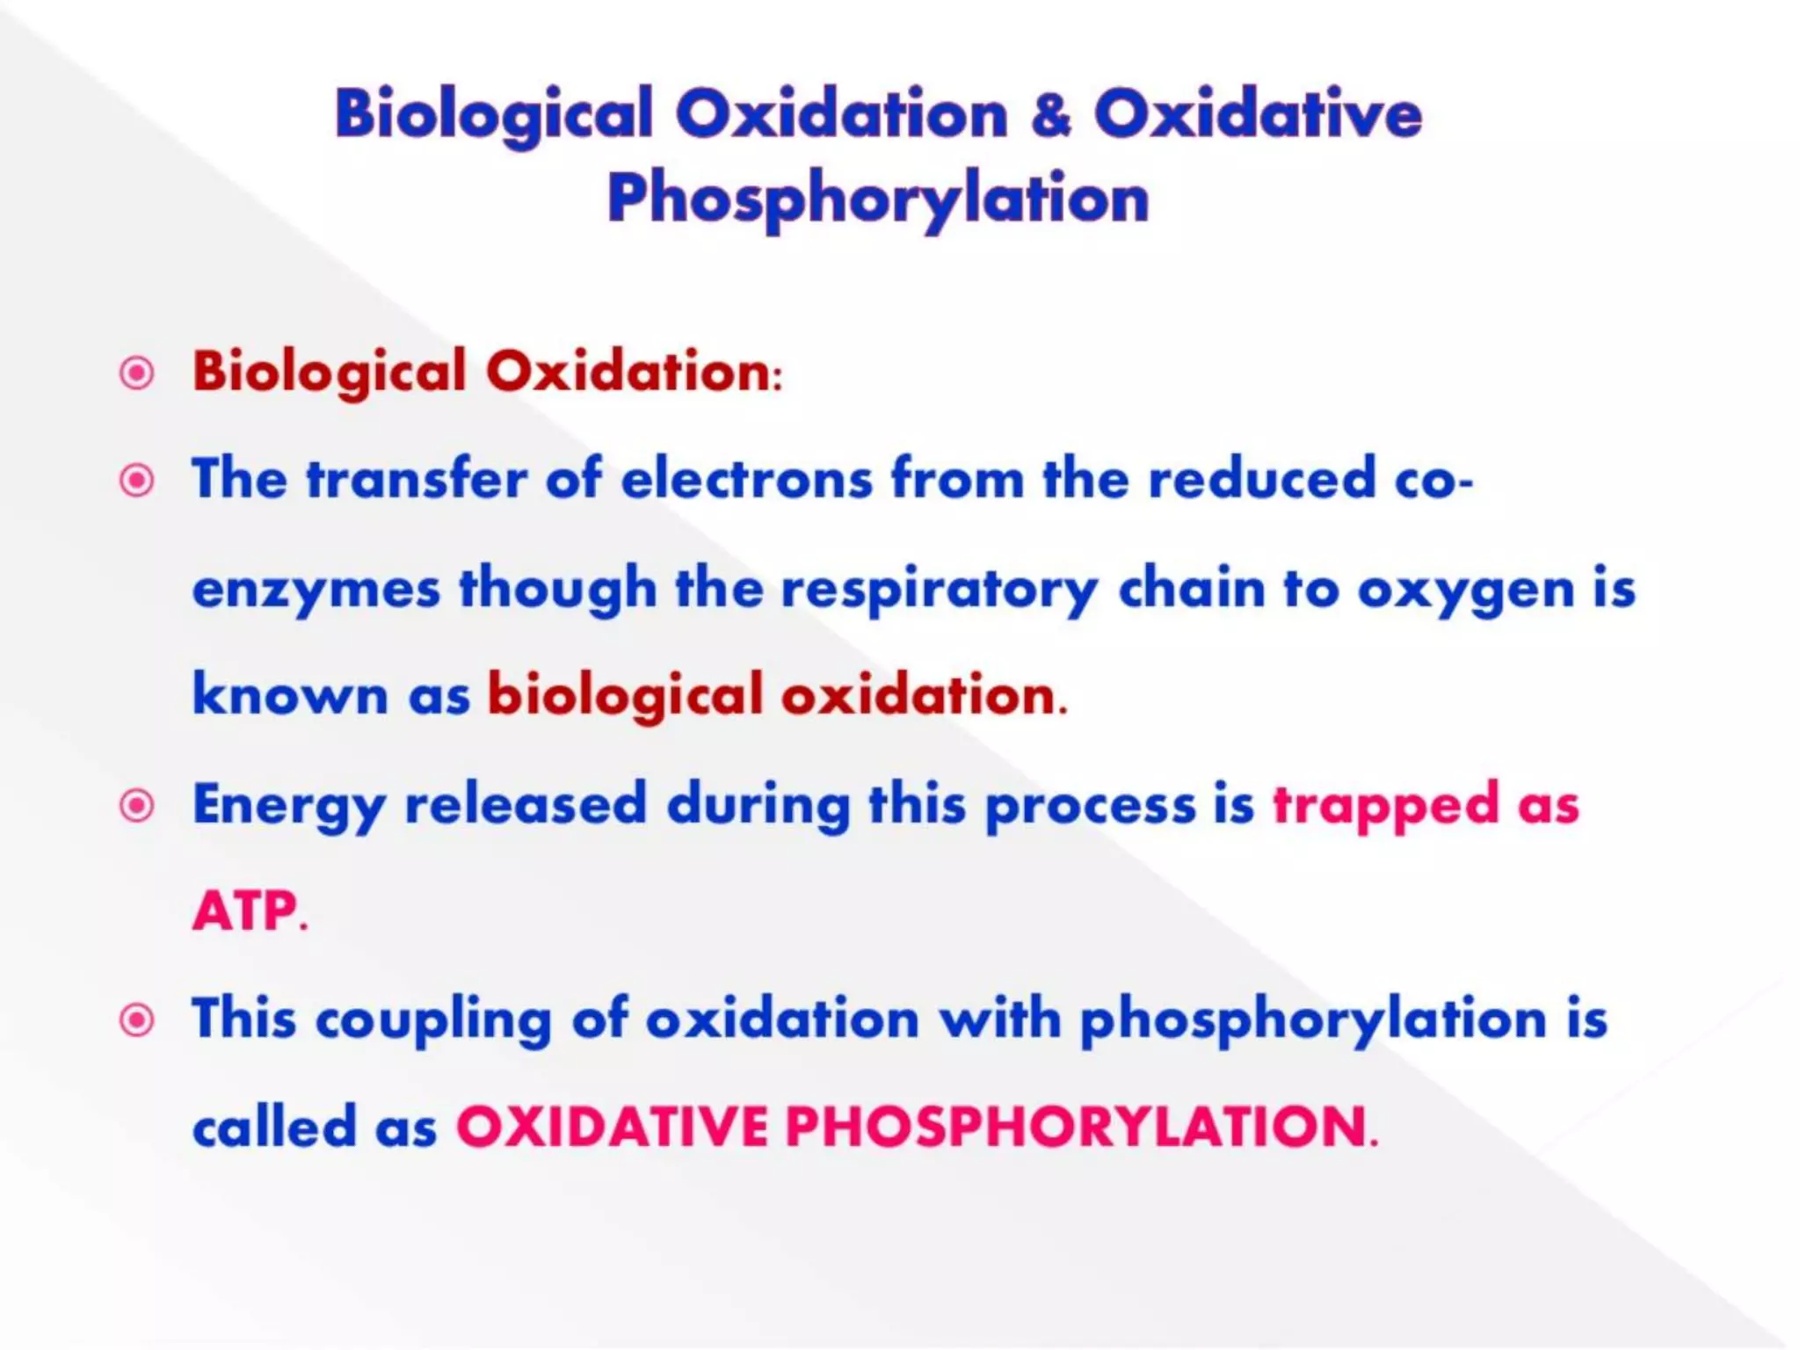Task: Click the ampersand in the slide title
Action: [1052, 115]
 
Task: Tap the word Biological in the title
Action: [493, 115]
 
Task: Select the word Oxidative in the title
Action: [1258, 115]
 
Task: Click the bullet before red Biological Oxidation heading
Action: [137, 374]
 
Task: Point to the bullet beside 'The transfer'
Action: [137, 481]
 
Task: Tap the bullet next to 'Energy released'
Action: [137, 805]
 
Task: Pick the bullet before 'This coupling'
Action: [137, 1020]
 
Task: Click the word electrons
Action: [747, 480]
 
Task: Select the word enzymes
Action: [316, 589]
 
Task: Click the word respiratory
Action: [940, 589]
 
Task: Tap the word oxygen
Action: [1466, 589]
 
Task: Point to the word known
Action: [290, 695]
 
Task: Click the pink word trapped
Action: [1386, 805]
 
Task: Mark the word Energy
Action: [289, 805]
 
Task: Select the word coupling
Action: [433, 1020]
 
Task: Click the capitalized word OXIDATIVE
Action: [612, 1127]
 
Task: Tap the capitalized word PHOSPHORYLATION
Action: [1077, 1127]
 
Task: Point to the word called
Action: [274, 1127]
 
